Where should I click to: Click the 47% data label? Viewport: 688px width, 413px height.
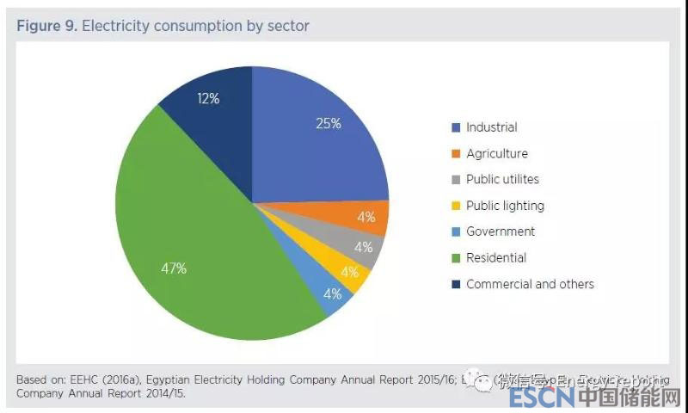pyautogui.click(x=175, y=268)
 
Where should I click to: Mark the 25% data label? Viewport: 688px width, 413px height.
pyautogui.click(x=329, y=123)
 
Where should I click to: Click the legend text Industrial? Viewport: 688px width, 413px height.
pyautogui.click(x=491, y=127)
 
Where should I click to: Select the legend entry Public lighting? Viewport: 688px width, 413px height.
pyautogui.click(x=505, y=206)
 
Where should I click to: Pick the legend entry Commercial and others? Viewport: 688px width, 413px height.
pyautogui.click(x=530, y=284)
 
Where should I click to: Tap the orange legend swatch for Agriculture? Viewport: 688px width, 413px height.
pyautogui.click(x=456, y=154)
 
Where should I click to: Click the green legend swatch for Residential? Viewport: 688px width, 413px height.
pyautogui.click(x=456, y=258)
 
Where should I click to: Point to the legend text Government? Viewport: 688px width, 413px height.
pyautogui.click(x=500, y=231)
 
